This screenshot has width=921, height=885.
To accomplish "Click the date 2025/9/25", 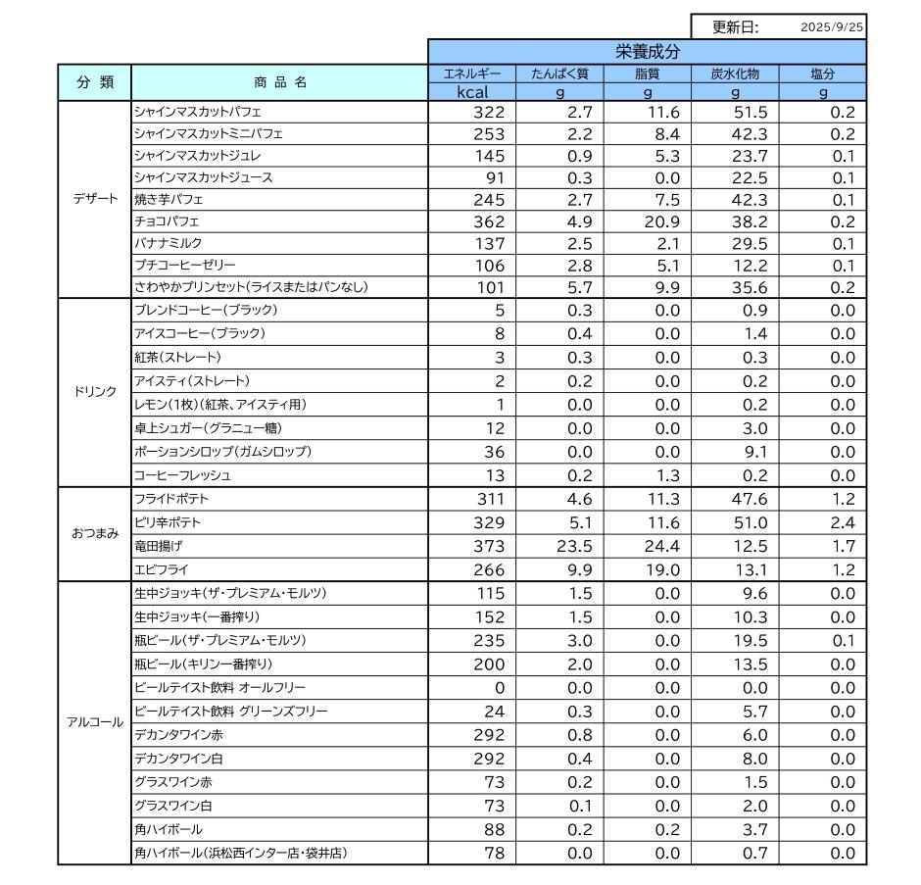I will pos(832,28).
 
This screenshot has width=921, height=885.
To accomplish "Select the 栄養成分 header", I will pos(647,51).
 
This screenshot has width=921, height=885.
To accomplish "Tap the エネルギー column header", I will pos(472,74).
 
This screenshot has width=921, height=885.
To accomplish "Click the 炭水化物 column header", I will pos(735,74).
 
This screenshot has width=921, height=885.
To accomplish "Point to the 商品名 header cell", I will pos(278,82).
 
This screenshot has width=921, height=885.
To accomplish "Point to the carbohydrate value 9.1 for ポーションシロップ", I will pos(742,452).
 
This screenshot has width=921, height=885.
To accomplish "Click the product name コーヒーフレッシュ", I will pos(182,475).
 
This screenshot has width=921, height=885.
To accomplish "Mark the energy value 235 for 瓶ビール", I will pos(489,640).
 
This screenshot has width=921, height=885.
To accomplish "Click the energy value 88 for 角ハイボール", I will pos(494,829).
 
